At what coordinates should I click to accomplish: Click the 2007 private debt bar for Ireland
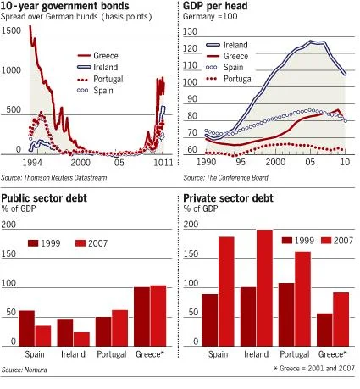[264, 288]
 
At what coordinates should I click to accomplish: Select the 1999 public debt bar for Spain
[26, 329]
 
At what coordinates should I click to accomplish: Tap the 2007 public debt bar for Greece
[158, 316]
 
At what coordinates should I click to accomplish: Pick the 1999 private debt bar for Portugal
[286, 314]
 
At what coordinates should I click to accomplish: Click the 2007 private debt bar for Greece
[341, 320]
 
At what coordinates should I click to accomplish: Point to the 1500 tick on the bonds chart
[11, 31]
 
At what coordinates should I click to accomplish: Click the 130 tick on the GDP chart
[190, 31]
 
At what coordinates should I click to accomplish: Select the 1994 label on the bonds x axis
[32, 163]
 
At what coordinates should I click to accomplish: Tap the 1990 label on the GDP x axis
[206, 162]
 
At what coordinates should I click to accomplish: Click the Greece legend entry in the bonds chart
[97, 56]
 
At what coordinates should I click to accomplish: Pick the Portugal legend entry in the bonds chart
[100, 79]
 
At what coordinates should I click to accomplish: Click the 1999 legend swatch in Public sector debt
[33, 243]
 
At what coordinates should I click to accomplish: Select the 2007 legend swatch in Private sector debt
[326, 241]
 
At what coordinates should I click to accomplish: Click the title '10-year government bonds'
[64, 6]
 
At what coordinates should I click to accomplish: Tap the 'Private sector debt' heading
[228, 198]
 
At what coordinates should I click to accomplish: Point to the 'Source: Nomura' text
[25, 370]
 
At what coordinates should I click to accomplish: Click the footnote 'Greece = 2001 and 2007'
[314, 369]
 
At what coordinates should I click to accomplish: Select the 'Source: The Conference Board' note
[225, 178]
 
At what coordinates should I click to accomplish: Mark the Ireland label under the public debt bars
[73, 354]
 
